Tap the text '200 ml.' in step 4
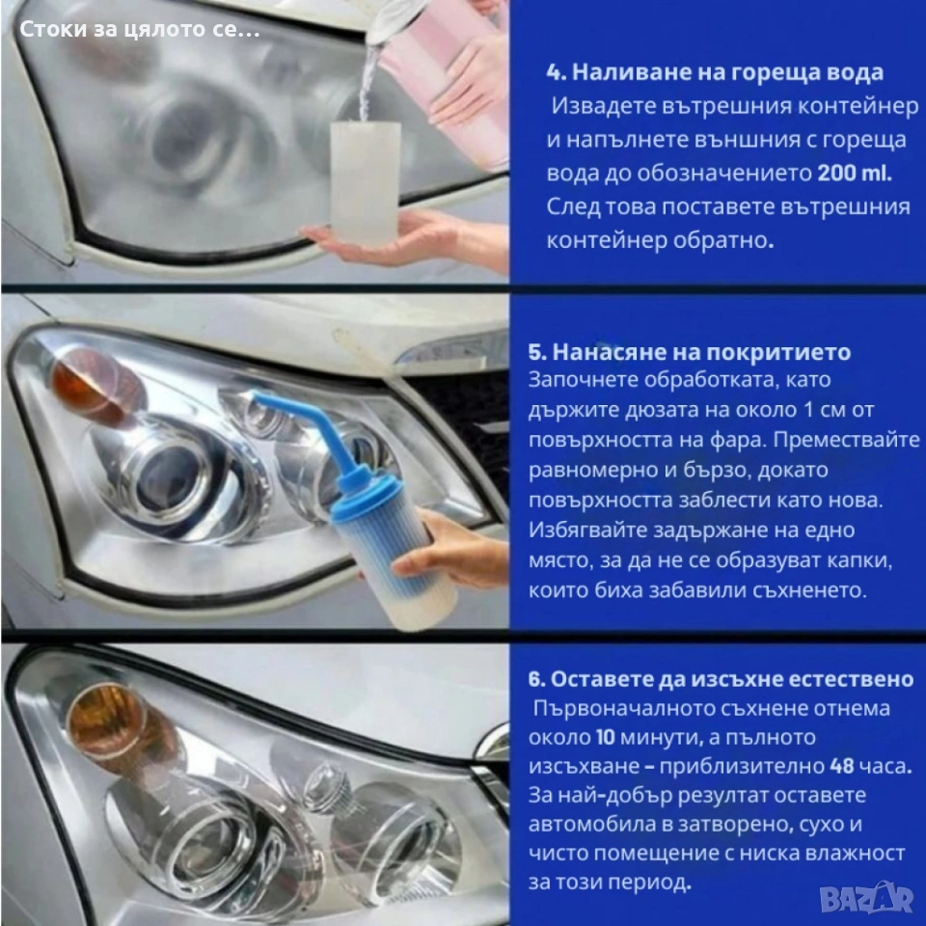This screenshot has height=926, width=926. (x=855, y=173)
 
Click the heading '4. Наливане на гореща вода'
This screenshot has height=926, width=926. (x=715, y=72)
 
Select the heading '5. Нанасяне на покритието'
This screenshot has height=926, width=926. (x=689, y=352)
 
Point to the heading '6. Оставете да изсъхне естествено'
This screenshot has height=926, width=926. (x=722, y=679)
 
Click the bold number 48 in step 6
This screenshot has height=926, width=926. (x=842, y=766)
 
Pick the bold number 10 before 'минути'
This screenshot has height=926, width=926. (x=605, y=737)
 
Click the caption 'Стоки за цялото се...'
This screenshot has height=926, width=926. (x=139, y=30)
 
